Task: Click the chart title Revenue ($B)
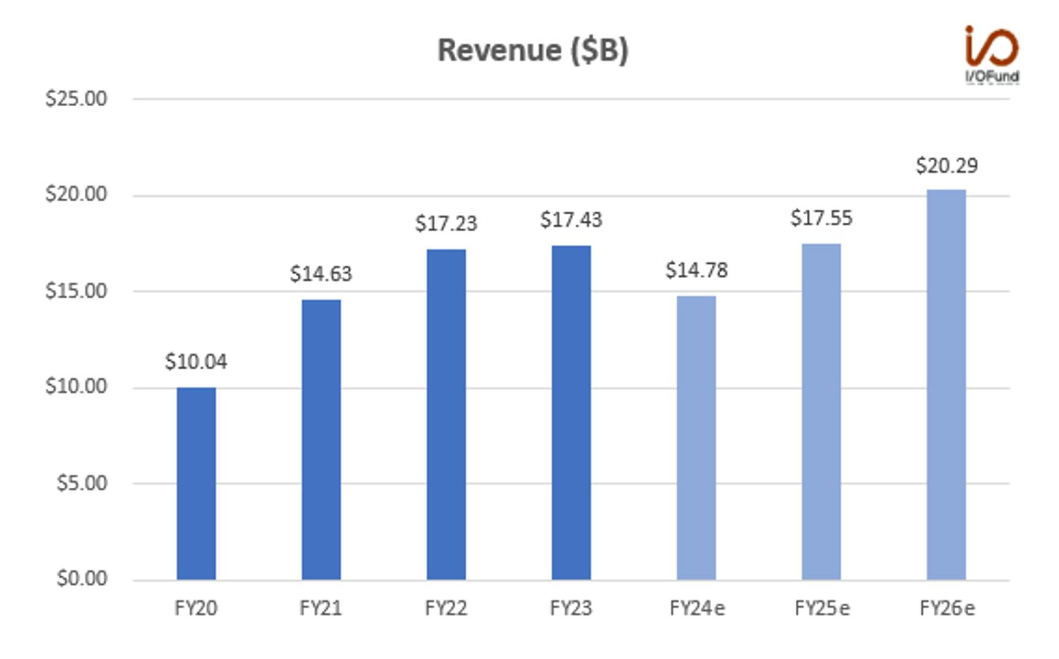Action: coord(533,50)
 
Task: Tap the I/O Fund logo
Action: coord(992,54)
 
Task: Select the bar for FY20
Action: coord(196,484)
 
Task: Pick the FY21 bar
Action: coord(321,439)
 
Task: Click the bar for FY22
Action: coord(446,414)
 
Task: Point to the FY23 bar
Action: coord(571,412)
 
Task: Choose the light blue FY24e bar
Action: coord(696,437)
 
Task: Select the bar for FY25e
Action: coord(822,411)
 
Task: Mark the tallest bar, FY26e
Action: coord(946,385)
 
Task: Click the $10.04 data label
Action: coord(196,362)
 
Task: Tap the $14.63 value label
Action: coord(321,274)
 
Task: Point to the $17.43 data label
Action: coord(571,220)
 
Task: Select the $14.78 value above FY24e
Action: coord(696,270)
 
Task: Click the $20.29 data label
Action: coord(947,166)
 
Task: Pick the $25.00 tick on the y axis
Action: coord(76,98)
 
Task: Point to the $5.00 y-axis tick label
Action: coord(82,483)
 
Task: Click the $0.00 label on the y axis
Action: coord(82,578)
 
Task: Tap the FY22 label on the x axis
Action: coord(446,608)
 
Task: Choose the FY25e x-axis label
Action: coord(822,608)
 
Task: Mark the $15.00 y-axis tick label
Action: coord(76,291)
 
